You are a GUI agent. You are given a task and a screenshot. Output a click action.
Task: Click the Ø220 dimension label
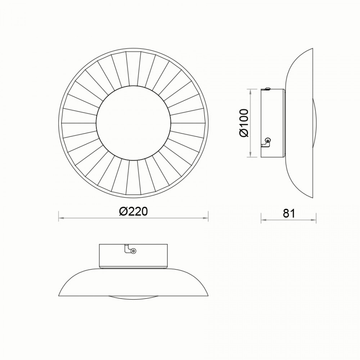tap(133, 211)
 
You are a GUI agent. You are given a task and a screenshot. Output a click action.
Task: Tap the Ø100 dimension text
tap(244, 123)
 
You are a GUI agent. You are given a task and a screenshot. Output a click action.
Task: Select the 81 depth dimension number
tap(289, 213)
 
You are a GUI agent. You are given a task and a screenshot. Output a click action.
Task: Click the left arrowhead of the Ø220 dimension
tap(61, 218)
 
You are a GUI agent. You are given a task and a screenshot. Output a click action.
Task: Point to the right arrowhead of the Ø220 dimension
tap(206, 218)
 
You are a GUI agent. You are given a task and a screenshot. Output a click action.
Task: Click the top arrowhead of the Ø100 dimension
tap(251, 92)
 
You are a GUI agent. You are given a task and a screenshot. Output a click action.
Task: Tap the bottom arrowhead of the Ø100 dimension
tap(251, 154)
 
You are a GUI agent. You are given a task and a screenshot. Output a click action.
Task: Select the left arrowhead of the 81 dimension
tap(264, 220)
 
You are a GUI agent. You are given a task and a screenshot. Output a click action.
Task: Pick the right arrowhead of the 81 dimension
tap(314, 220)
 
